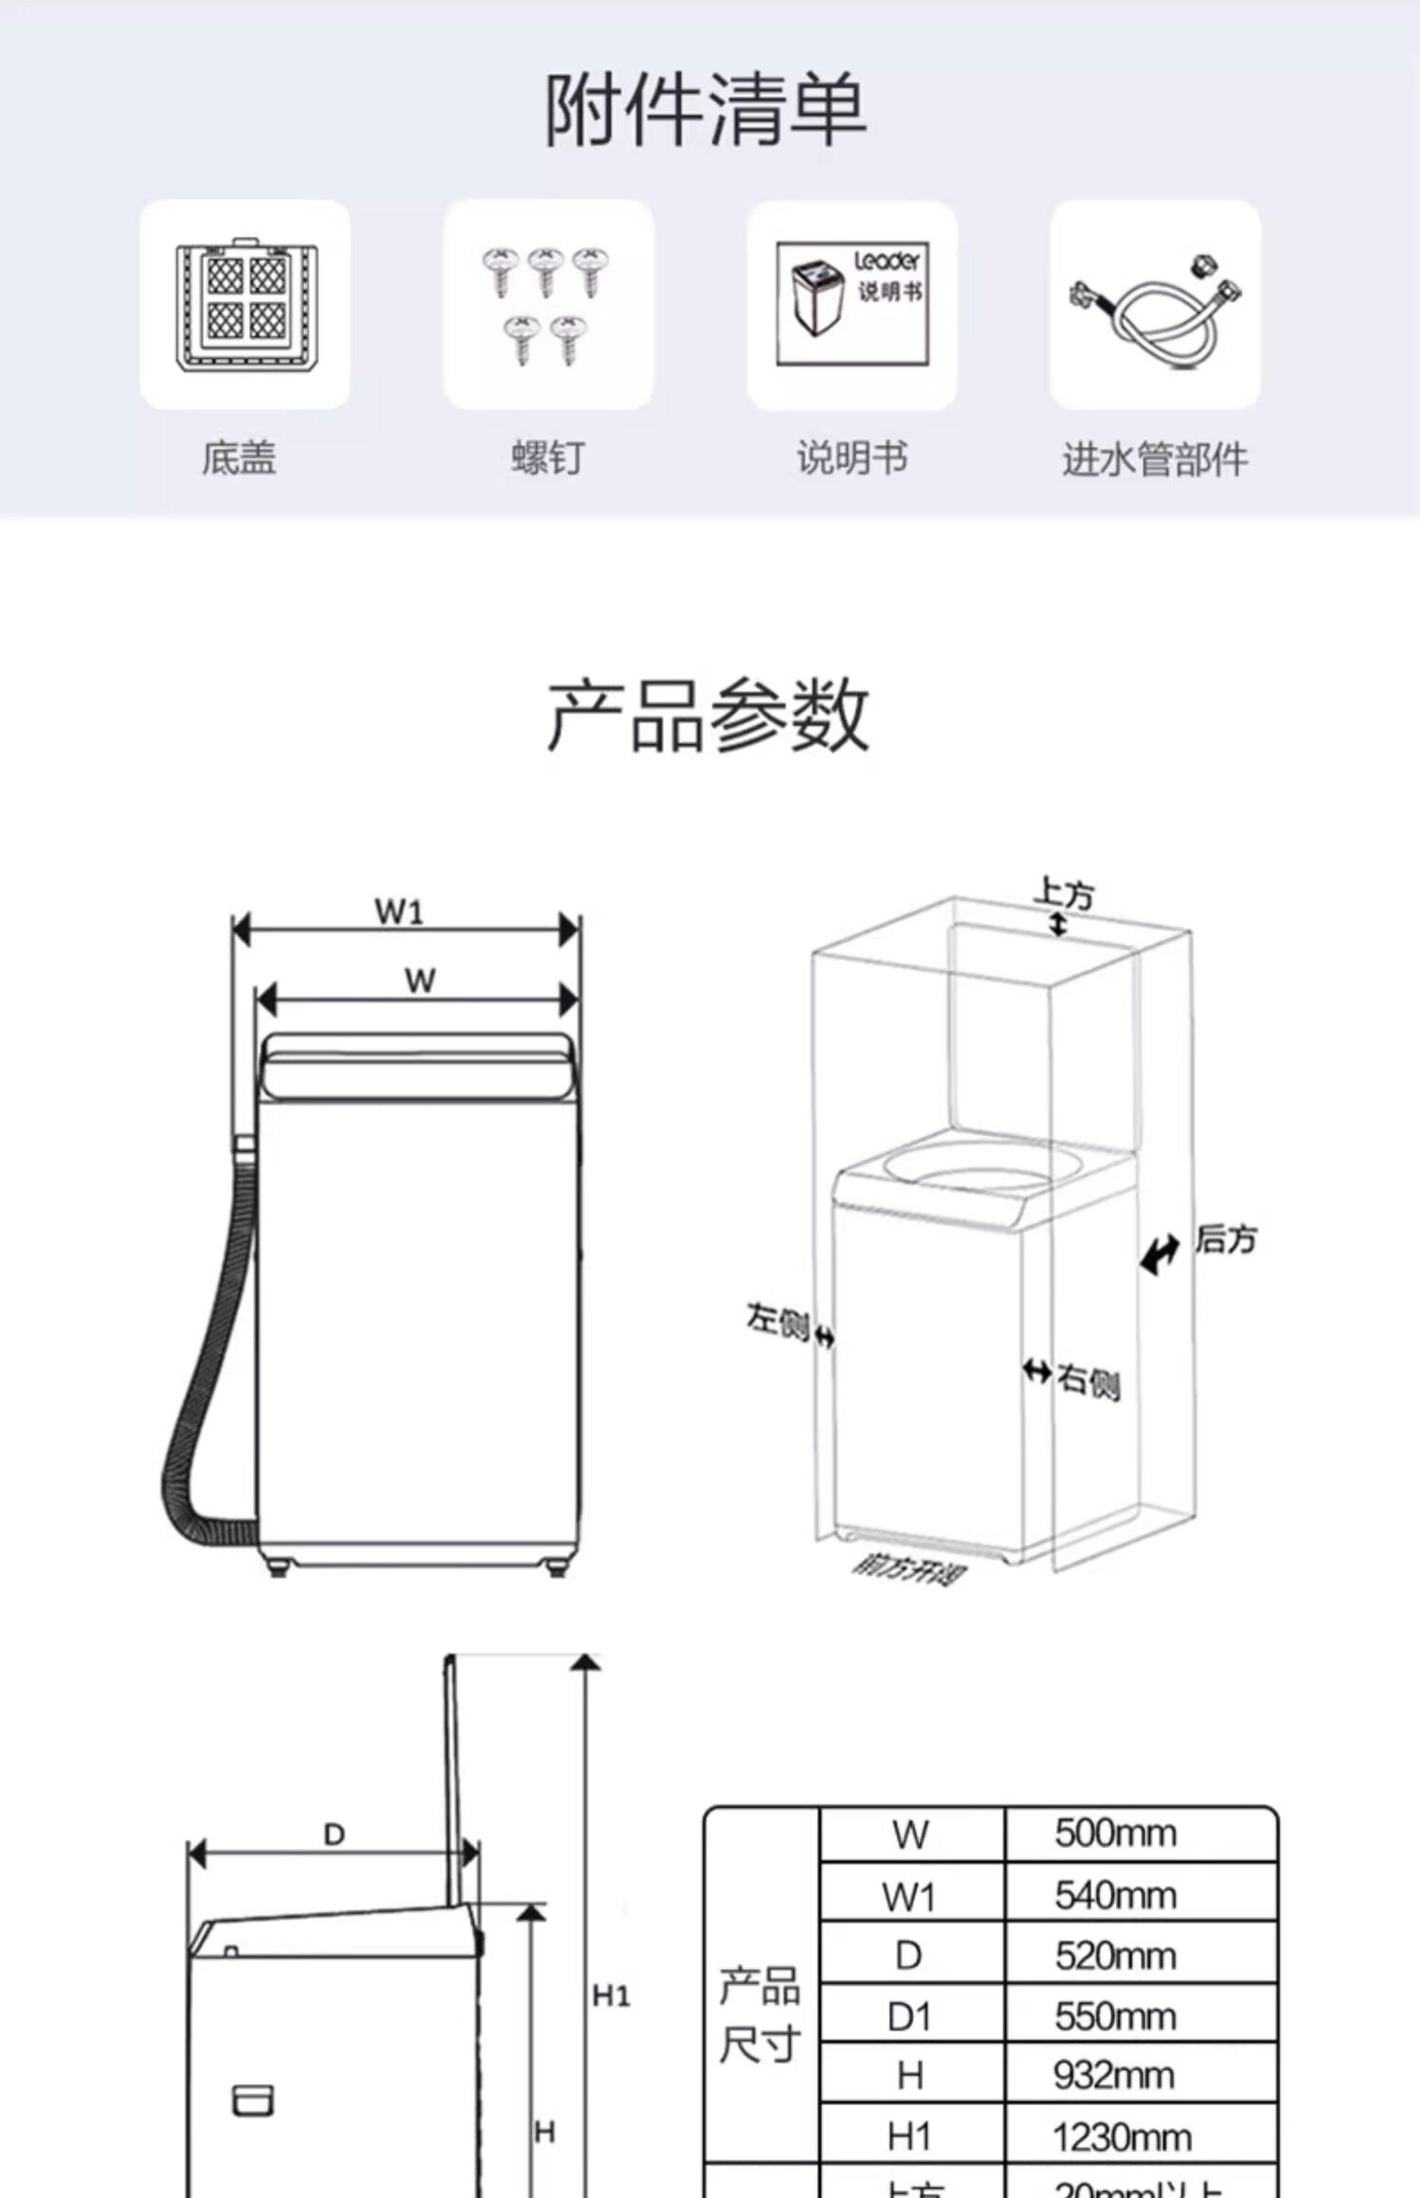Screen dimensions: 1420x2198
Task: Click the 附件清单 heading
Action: tap(705, 111)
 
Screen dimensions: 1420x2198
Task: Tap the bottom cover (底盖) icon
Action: tap(245, 304)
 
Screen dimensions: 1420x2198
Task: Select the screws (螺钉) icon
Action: tap(548, 304)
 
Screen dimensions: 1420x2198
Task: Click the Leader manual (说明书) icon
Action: tap(852, 304)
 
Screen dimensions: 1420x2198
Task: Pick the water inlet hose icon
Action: tap(1155, 304)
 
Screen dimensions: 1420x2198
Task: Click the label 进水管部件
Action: tap(1155, 460)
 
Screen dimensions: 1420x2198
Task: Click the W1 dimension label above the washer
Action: tap(399, 912)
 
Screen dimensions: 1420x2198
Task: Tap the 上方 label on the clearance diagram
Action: tap(1064, 893)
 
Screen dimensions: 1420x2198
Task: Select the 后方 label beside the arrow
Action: tap(1226, 1239)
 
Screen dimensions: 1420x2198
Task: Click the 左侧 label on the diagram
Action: tap(777, 1320)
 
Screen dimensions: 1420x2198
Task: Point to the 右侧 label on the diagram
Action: tap(1089, 1381)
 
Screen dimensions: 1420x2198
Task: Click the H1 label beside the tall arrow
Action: tap(611, 1996)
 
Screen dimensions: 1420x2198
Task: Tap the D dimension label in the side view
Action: tap(334, 1835)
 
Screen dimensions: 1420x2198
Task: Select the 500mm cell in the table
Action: tap(1115, 1835)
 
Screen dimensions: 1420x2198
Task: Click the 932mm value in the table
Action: tap(1113, 2076)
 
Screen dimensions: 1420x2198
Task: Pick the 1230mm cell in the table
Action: tap(1122, 2137)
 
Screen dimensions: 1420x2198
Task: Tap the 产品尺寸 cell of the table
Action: tap(759, 2014)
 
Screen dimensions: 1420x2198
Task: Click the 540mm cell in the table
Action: tap(1115, 1896)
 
